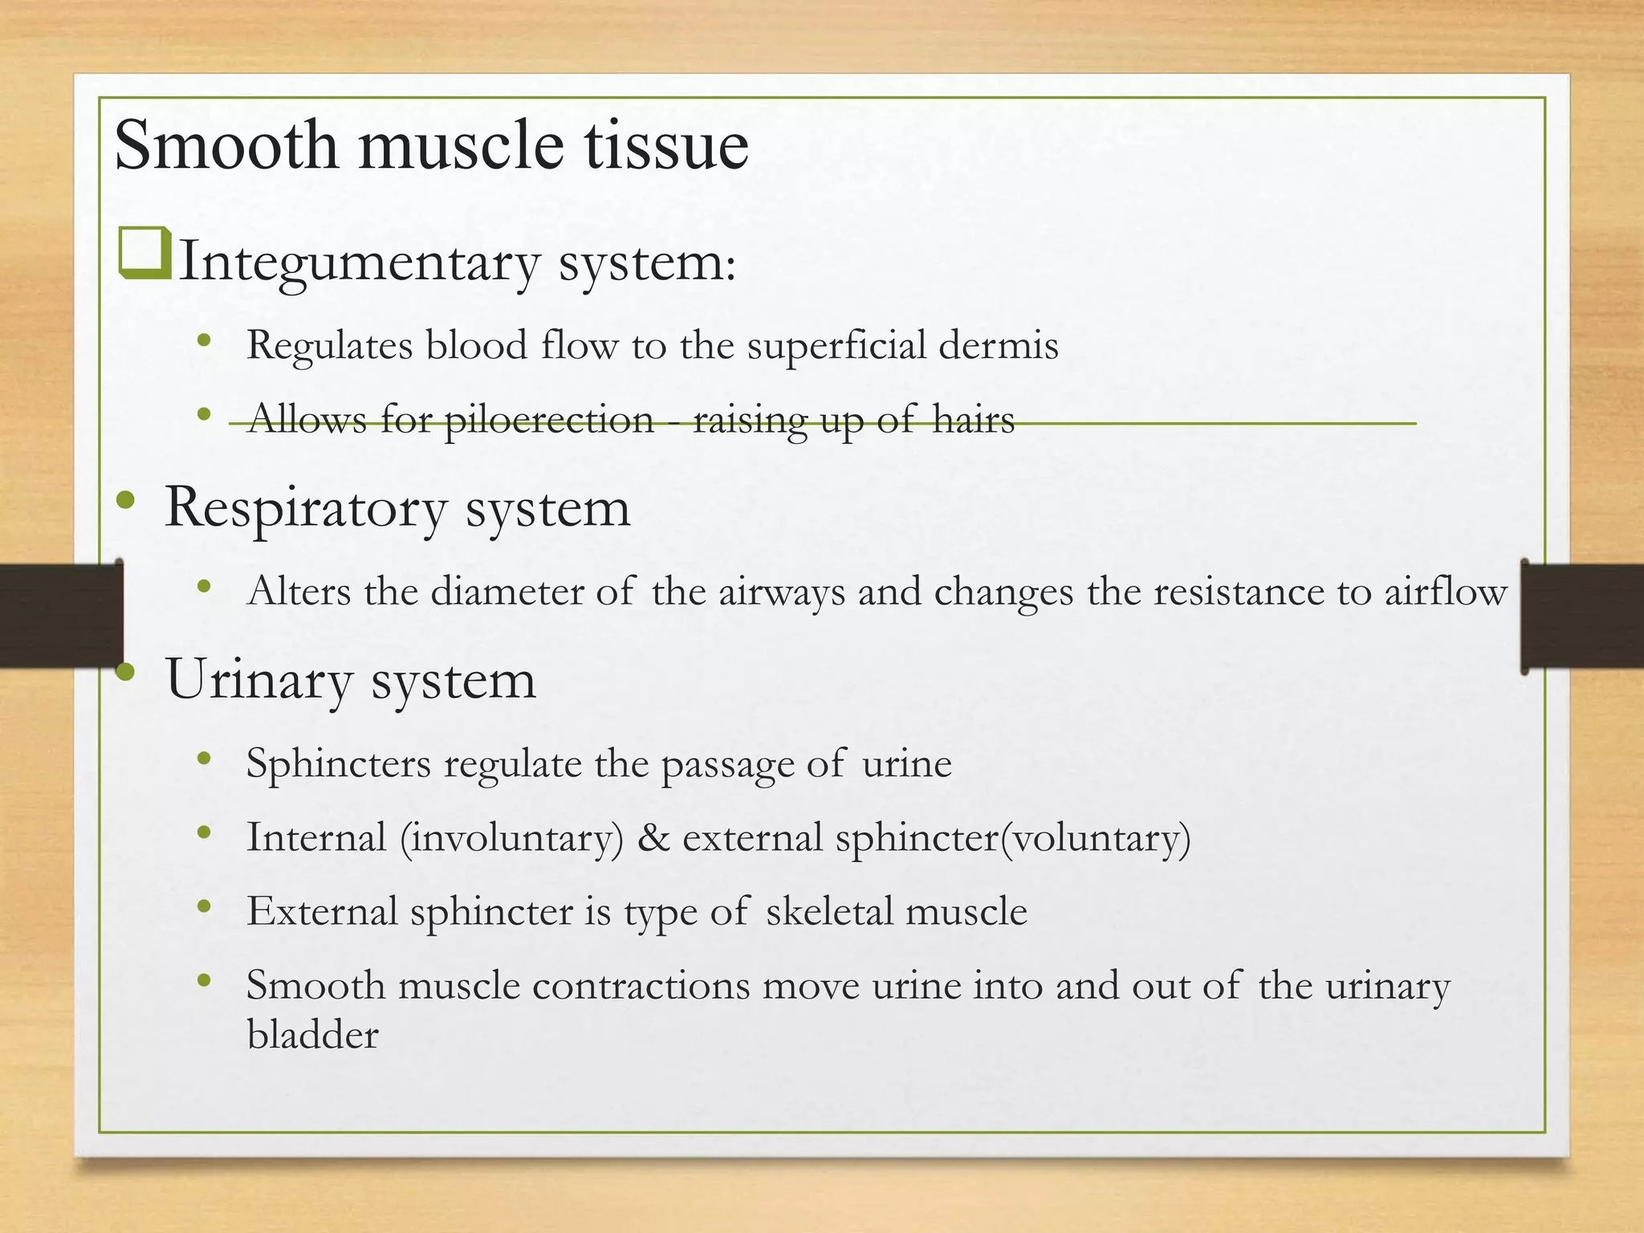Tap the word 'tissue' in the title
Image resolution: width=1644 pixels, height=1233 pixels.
[665, 145]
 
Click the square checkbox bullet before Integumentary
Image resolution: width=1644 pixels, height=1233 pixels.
[144, 253]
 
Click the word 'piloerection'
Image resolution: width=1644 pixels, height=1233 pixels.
[549, 420]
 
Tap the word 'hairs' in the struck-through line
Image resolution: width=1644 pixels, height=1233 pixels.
[973, 420]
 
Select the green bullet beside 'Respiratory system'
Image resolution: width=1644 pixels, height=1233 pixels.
[126, 501]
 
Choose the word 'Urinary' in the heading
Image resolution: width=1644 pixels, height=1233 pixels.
[258, 681]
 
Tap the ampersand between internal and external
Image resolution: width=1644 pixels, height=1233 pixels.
[653, 838]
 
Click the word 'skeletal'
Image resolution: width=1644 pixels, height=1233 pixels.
[829, 912]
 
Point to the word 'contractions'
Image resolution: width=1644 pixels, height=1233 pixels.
[641, 986]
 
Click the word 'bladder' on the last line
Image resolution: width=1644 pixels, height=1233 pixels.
[312, 1036]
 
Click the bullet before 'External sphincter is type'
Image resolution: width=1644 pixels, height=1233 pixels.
[204, 907]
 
